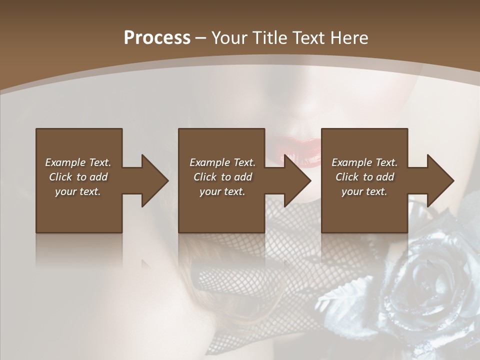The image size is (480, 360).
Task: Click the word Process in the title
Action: (x=157, y=37)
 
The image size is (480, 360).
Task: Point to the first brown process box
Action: (x=79, y=210)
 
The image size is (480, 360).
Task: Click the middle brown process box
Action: (x=221, y=210)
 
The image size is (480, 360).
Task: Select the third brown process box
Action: (x=364, y=210)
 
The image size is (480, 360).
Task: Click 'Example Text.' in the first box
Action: (x=78, y=162)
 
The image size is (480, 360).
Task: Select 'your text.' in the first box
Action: (x=78, y=191)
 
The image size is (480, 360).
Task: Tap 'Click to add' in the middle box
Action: (x=222, y=177)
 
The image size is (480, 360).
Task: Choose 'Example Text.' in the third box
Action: (x=364, y=162)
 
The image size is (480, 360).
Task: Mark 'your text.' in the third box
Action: (x=364, y=191)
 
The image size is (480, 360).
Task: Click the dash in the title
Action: (x=201, y=38)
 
